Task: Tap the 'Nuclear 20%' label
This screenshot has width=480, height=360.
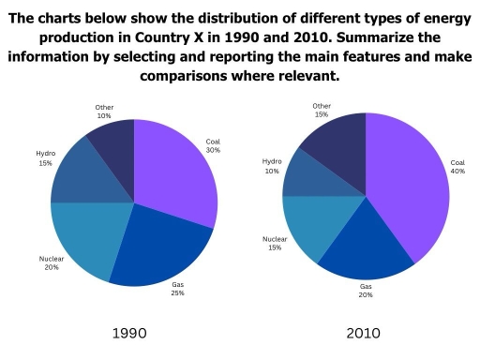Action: (x=51, y=262)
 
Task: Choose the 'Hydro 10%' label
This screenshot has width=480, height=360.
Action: (x=272, y=166)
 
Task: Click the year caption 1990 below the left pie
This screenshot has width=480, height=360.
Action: (x=128, y=333)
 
